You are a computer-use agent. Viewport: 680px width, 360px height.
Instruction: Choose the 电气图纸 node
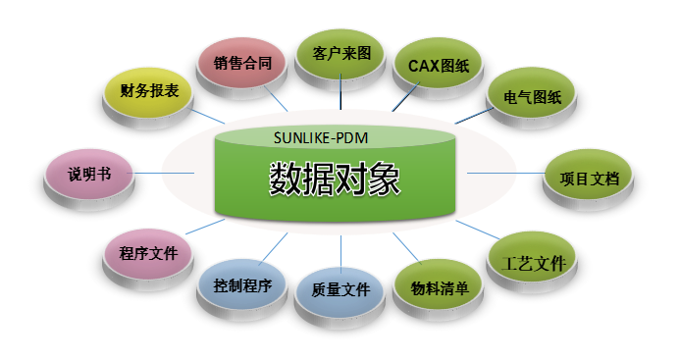[532, 97]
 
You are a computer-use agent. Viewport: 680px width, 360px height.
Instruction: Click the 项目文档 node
[588, 180]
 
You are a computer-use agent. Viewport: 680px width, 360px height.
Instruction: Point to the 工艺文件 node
[532, 262]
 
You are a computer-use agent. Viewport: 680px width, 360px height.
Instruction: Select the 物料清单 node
[439, 289]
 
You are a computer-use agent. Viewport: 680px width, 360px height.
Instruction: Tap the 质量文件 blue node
[340, 297]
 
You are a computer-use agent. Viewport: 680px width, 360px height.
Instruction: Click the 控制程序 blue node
[242, 289]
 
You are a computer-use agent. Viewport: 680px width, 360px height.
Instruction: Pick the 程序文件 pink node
[148, 259]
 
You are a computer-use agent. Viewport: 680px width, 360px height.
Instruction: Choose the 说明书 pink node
[89, 180]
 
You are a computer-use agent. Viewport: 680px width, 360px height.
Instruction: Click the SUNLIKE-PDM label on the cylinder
[321, 138]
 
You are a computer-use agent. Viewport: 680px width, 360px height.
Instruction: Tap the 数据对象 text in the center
[335, 179]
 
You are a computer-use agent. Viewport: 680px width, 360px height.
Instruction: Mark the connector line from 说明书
[161, 173]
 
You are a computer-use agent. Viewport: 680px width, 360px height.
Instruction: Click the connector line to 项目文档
[506, 173]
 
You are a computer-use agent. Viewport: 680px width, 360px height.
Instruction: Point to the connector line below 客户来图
[340, 91]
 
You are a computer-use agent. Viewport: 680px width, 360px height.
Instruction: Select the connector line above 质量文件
[340, 255]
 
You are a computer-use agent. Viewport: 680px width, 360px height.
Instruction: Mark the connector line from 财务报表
[208, 117]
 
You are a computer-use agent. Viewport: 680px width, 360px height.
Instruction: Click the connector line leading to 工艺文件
[478, 230]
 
